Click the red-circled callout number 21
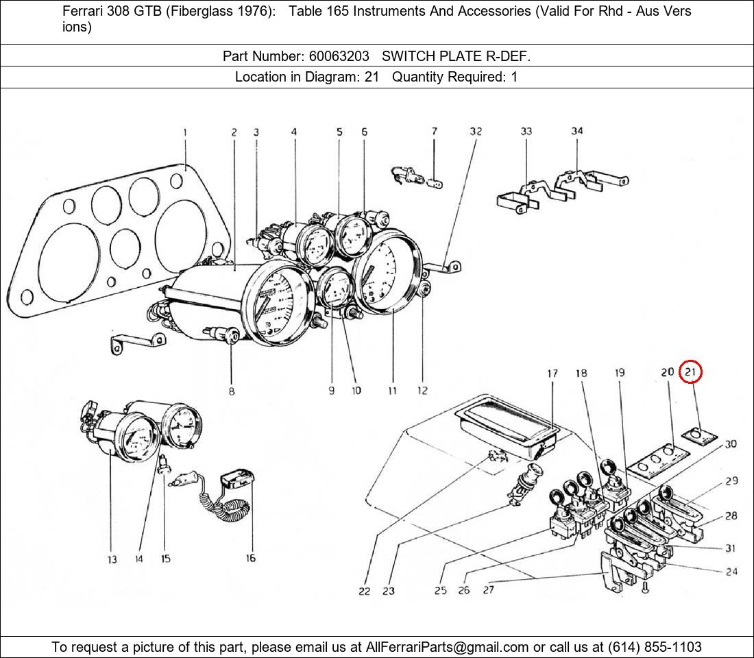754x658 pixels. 690,372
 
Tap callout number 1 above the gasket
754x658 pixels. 185,132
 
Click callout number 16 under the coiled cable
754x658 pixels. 251,559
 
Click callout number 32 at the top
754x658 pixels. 476,131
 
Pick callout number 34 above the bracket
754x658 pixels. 577,131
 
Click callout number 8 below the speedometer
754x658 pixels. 232,391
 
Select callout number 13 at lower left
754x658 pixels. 112,560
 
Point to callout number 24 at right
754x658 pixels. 731,571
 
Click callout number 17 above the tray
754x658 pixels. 552,374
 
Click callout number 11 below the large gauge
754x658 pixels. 392,391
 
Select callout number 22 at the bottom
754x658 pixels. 364,591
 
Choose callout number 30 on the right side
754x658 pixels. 731,444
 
